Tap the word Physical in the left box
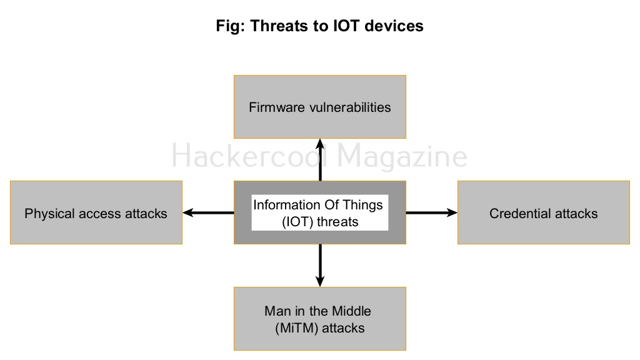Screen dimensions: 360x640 (x=49, y=214)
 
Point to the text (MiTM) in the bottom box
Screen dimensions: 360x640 (x=295, y=327)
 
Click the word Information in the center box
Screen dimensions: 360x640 (x=284, y=205)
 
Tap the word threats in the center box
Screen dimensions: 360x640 (x=337, y=221)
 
